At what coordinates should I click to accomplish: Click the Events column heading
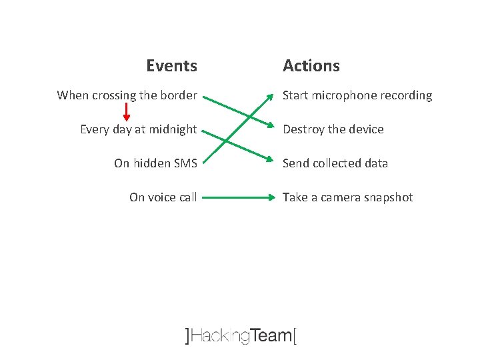[x=171, y=66]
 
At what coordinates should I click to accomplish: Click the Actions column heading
[x=311, y=66]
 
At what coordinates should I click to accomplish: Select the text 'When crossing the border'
[x=127, y=95]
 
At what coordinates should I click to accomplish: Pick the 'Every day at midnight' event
[x=138, y=129]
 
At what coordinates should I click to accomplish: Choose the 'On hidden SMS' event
[x=155, y=163]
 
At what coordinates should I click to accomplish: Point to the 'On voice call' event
[x=163, y=197]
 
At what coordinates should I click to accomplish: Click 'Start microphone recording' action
[x=357, y=95]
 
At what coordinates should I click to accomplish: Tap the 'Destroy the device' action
[x=333, y=129]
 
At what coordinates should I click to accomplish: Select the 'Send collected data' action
[x=335, y=163]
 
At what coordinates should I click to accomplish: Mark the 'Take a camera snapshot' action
[x=347, y=197]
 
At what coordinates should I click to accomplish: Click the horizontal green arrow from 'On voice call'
[x=237, y=197]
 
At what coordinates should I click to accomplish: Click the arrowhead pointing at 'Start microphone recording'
[x=270, y=95]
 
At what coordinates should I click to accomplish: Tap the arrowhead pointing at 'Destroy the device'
[x=270, y=128]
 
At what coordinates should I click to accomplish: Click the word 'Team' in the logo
[x=271, y=335]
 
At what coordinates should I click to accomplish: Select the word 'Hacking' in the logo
[x=219, y=336]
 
